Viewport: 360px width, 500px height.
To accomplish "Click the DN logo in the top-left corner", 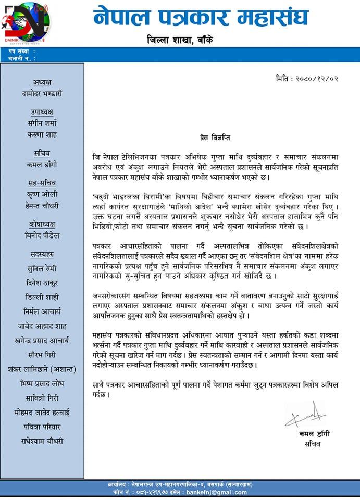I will (25, 23).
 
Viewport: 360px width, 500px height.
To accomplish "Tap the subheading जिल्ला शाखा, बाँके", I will (179, 40).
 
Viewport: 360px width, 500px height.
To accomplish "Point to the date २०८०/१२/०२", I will (307, 79).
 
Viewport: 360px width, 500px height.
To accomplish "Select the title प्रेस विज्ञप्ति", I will (215, 137).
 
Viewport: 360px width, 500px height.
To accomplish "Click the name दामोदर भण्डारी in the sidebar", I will (42, 94).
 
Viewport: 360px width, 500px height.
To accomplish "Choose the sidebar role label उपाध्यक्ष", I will (42, 112).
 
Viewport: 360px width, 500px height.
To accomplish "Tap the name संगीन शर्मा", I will (42, 123).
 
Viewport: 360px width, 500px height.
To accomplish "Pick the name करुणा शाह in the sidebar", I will (42, 135).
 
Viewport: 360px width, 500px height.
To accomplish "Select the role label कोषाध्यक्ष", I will (42, 224).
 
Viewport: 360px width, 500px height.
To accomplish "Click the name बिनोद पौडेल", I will (42, 235).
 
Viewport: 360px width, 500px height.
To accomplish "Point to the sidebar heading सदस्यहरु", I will (42, 254).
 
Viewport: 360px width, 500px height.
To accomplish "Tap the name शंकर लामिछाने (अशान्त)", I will (42, 369).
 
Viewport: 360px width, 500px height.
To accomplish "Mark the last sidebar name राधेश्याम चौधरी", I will (42, 441).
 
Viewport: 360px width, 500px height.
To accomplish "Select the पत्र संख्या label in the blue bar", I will (21, 52).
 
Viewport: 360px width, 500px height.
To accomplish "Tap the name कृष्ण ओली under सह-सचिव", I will (42, 194).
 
